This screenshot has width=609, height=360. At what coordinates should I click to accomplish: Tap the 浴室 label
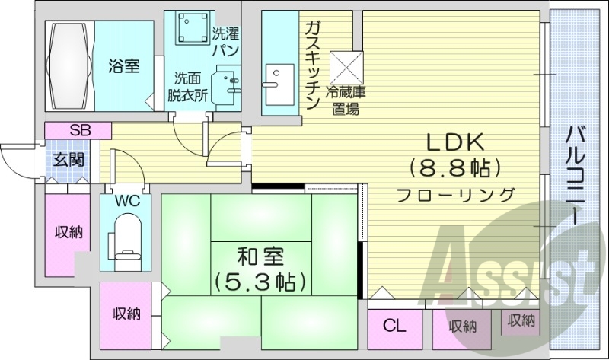[123, 66]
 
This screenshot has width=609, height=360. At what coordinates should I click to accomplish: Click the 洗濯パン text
[225, 42]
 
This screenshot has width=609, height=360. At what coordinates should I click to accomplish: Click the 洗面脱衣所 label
[187, 87]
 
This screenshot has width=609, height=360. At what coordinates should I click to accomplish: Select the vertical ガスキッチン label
[312, 65]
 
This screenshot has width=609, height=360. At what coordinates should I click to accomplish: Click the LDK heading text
[454, 142]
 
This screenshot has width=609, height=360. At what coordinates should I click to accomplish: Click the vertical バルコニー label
[576, 175]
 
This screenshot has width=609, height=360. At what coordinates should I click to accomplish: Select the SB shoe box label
[79, 130]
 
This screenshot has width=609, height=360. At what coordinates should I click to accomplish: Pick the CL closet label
[394, 327]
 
